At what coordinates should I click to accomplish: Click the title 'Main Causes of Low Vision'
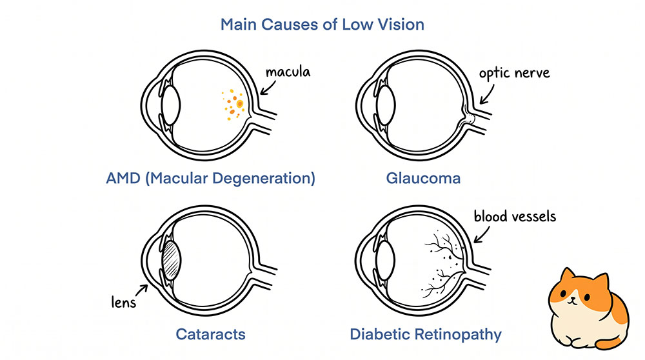322,25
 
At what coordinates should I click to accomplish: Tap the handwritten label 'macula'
288,72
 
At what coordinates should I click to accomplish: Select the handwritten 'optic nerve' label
514,74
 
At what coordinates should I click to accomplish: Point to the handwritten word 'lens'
123,302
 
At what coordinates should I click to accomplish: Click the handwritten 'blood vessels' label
515,216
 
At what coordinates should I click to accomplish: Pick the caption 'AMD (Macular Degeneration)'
211,178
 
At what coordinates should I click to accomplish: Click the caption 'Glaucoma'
423,178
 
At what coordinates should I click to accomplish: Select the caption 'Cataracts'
210,334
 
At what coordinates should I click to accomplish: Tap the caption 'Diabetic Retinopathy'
425,334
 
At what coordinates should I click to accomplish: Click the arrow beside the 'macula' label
268,87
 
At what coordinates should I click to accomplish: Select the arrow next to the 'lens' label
141,290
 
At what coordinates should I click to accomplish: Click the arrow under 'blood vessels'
481,234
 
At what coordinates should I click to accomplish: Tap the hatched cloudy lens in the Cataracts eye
171,260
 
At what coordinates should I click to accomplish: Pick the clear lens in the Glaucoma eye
386,105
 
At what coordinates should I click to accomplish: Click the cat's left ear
568,277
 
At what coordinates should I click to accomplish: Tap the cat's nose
571,300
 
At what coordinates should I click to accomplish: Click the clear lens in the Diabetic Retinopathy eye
386,260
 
